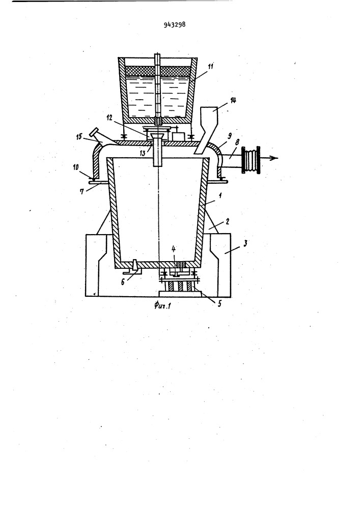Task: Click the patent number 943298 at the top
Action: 175,24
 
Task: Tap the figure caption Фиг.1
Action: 162,305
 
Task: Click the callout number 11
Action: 210,67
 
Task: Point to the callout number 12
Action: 109,118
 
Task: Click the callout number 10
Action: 76,167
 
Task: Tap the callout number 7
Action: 82,192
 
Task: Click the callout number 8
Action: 238,142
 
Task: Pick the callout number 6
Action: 123,282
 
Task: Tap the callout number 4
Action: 174,249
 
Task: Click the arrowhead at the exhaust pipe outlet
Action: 275,158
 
